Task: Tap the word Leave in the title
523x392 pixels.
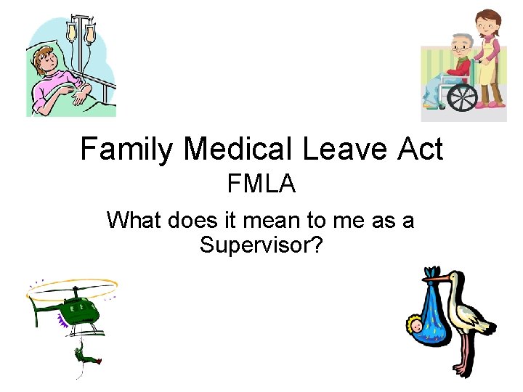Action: pyautogui.click(x=344, y=150)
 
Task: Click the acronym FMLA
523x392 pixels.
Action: pyautogui.click(x=261, y=184)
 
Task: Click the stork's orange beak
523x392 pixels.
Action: pyautogui.click(x=434, y=275)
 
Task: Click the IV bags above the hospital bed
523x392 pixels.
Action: pyautogui.click(x=80, y=32)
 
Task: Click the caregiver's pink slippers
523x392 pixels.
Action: pyautogui.click(x=495, y=105)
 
